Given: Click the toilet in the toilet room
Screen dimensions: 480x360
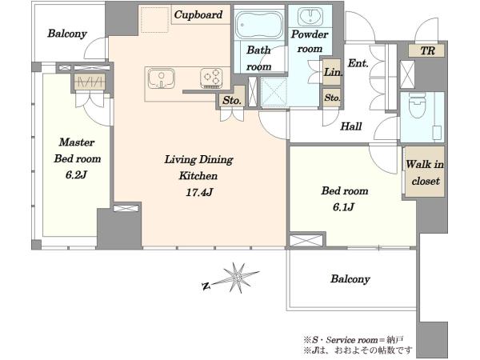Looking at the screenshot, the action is pos(418,106).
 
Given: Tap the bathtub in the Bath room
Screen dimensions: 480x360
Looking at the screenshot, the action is pos(259,25).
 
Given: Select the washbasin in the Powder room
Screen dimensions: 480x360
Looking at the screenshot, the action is pos(310,16).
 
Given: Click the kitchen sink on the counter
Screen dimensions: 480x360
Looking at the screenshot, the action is pos(162,78).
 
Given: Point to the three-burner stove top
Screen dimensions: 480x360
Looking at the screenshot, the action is pos(211,78).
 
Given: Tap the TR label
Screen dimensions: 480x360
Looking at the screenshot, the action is pos(427,50).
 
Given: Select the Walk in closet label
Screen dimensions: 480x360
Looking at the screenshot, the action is pos(425,173).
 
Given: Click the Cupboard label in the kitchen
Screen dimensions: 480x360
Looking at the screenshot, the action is pos(198,14).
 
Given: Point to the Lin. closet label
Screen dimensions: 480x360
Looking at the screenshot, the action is pos(333,72).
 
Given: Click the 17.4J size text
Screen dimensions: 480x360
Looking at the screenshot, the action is pos(199,192).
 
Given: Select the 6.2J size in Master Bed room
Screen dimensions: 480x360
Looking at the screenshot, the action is pos(76,174).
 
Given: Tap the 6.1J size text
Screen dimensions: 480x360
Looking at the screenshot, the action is pos(344,207).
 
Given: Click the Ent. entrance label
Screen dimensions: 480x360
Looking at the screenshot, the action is pos(358,63).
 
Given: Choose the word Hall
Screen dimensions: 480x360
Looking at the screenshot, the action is pos(351,126).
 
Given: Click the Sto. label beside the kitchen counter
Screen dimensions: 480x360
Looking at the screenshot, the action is pos(232,100).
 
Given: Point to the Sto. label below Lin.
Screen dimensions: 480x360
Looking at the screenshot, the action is pos(332,98).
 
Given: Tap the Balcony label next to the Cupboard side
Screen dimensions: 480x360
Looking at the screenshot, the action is pos(67,34).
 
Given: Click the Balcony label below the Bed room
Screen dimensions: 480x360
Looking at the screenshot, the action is pos(350,279).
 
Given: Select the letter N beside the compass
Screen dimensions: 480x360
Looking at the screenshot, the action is pos(206,286).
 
